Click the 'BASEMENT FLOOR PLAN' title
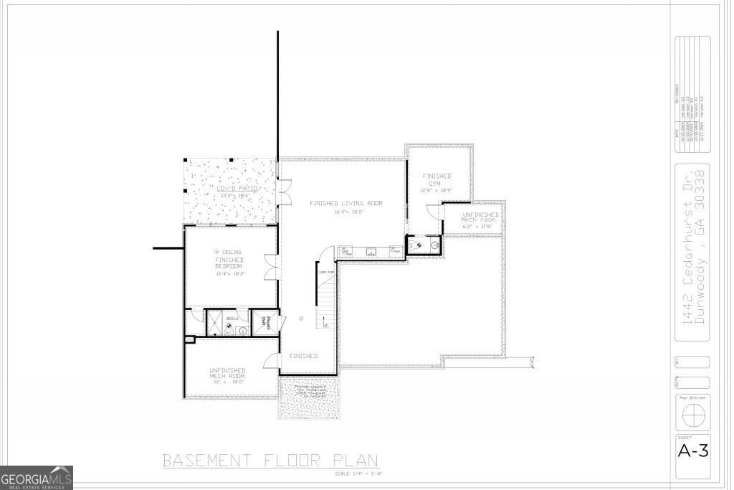pyautogui.click(x=270, y=460)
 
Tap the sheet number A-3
pyautogui.click(x=692, y=451)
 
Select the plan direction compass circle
pyautogui.click(x=692, y=415)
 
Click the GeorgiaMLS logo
pyautogui.click(x=37, y=478)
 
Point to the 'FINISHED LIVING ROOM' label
pyautogui.click(x=346, y=204)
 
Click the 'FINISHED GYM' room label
pyautogui.click(x=437, y=180)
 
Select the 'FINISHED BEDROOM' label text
pyautogui.click(x=229, y=263)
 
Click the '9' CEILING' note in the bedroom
pyautogui.click(x=229, y=253)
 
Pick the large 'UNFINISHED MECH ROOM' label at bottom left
pyautogui.click(x=227, y=374)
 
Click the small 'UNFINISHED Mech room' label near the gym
pyautogui.click(x=480, y=217)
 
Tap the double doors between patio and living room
pyautogui.click(x=285, y=193)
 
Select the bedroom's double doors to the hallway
pyautogui.click(x=270, y=266)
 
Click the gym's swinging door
pyautogui.click(x=434, y=211)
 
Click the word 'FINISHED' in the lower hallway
pyautogui.click(x=303, y=356)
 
